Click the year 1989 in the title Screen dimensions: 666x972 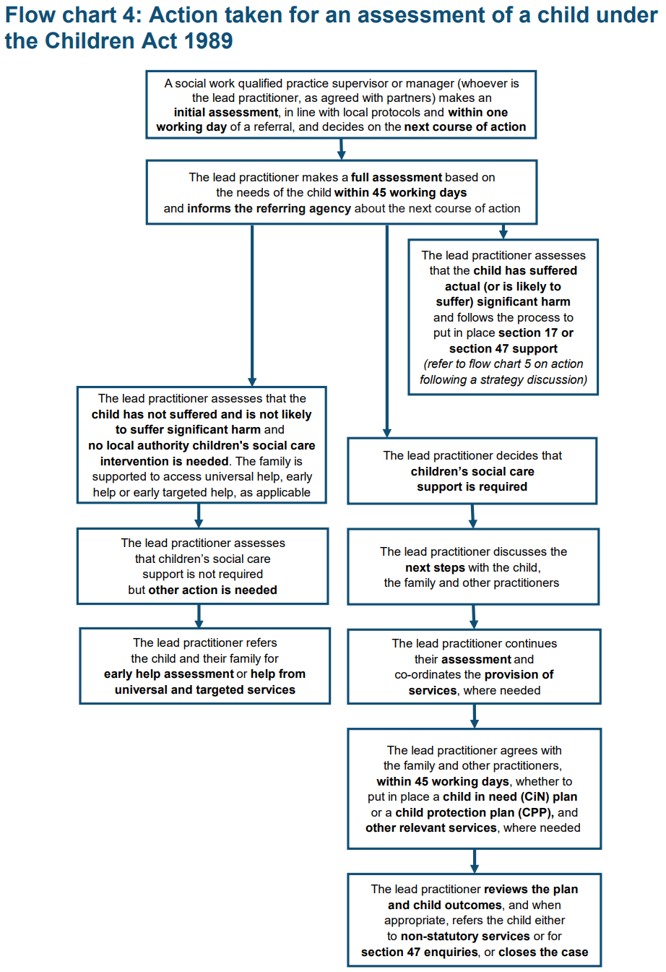(x=208, y=40)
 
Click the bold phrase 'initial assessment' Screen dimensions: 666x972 (x=226, y=113)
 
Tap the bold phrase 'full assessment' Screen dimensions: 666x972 (x=397, y=178)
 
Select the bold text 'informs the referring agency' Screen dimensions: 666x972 (x=269, y=209)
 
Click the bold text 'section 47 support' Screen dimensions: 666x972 (x=503, y=349)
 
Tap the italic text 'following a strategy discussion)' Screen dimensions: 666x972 (x=503, y=379)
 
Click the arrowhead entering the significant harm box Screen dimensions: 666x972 (x=503, y=234)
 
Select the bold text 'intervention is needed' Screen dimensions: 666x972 (x=164, y=461)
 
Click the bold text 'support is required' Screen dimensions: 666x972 (x=472, y=487)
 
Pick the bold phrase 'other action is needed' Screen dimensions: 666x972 (x=212, y=590)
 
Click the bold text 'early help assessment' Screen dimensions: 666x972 (x=169, y=674)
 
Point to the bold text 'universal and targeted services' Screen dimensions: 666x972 (x=204, y=690)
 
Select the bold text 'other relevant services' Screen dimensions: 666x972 (x=431, y=828)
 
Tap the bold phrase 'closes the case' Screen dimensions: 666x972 (x=543, y=952)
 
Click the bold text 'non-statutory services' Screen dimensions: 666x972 (x=465, y=936)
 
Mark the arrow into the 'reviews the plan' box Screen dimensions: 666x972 (x=475, y=861)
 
